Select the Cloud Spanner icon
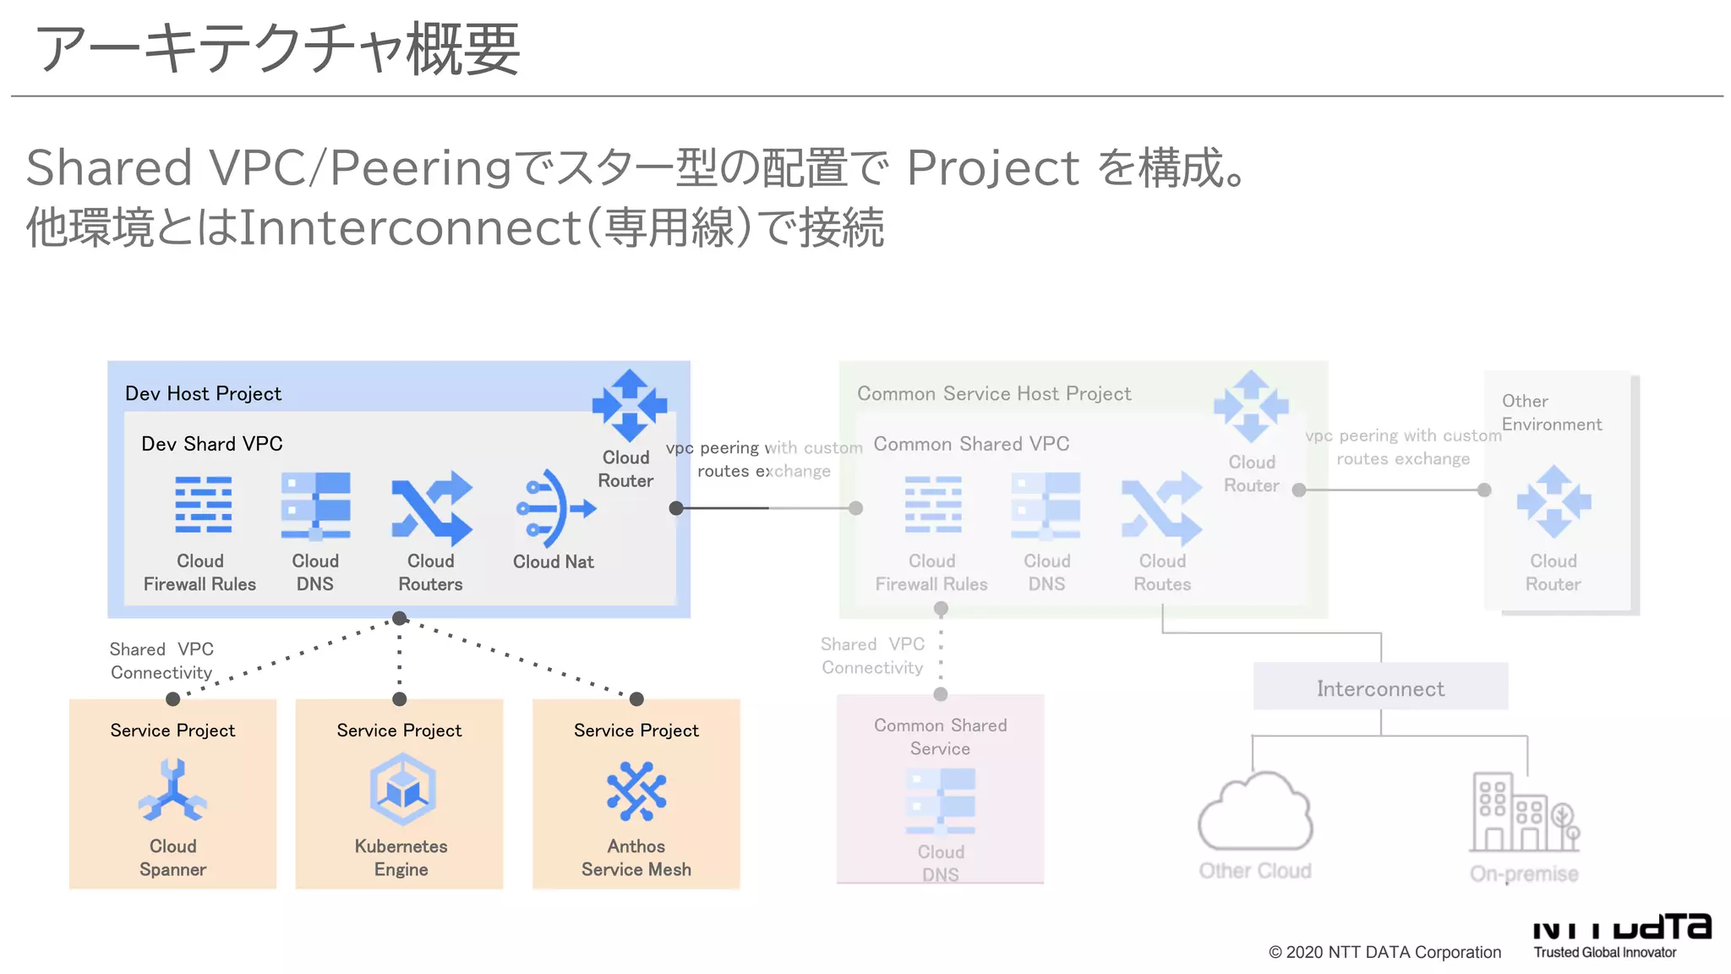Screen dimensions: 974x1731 (x=172, y=791)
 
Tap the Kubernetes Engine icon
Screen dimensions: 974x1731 (x=402, y=790)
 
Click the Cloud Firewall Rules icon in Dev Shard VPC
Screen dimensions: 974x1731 (x=203, y=505)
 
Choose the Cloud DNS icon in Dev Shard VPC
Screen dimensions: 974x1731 (x=315, y=506)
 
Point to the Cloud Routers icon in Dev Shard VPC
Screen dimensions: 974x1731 (x=432, y=507)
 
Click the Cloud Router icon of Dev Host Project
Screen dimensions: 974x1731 (x=629, y=405)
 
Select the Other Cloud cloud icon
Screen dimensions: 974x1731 (x=1255, y=813)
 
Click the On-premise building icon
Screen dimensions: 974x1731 (x=1523, y=813)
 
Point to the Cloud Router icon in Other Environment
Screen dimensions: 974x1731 (x=1554, y=501)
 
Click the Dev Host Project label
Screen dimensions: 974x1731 (x=203, y=393)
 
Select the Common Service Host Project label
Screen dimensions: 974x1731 (x=994, y=393)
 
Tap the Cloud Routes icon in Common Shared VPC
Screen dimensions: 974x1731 (x=1162, y=507)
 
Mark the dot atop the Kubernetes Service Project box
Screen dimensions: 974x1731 (x=400, y=699)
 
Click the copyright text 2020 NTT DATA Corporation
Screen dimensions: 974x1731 (x=1384, y=952)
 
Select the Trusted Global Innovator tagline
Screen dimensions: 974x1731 (x=1604, y=952)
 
